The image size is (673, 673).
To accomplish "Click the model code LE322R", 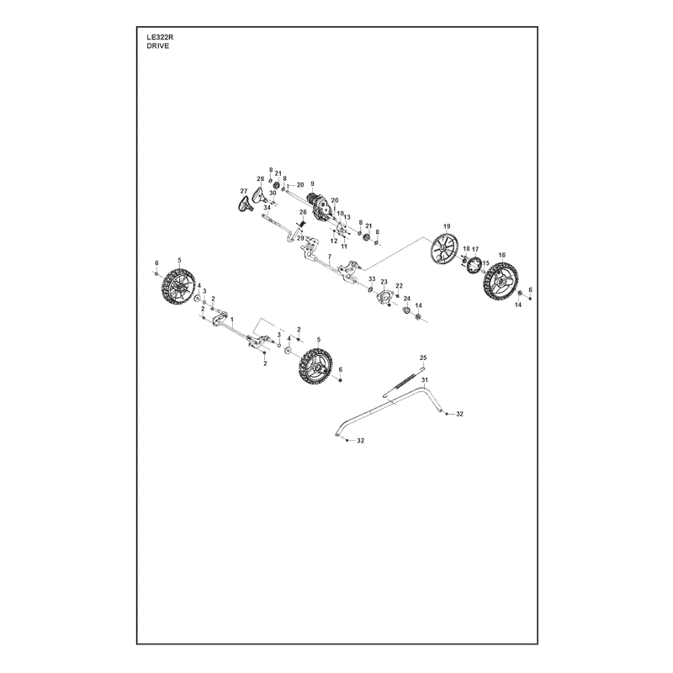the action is point(160,37).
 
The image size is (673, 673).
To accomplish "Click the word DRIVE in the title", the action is point(157,46).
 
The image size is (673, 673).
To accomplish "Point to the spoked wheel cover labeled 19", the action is point(444,249).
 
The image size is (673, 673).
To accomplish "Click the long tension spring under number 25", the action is point(403,383).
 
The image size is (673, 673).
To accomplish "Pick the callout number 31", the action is point(425,380).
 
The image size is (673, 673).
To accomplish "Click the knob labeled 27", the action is point(244,204).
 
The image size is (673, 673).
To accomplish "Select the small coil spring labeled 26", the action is point(302,224).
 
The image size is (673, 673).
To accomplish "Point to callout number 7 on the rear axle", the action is point(330,257).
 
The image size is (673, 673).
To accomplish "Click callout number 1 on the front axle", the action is point(232,320).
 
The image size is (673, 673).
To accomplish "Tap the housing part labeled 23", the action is point(384,298).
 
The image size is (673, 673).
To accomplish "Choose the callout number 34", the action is point(267,208).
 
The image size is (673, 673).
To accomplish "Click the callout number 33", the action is point(372,279).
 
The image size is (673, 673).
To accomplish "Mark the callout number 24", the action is point(407,299).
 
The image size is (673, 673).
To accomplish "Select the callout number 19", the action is point(447,226).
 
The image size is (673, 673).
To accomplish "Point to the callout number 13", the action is point(347,217).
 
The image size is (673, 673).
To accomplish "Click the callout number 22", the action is point(399,286).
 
